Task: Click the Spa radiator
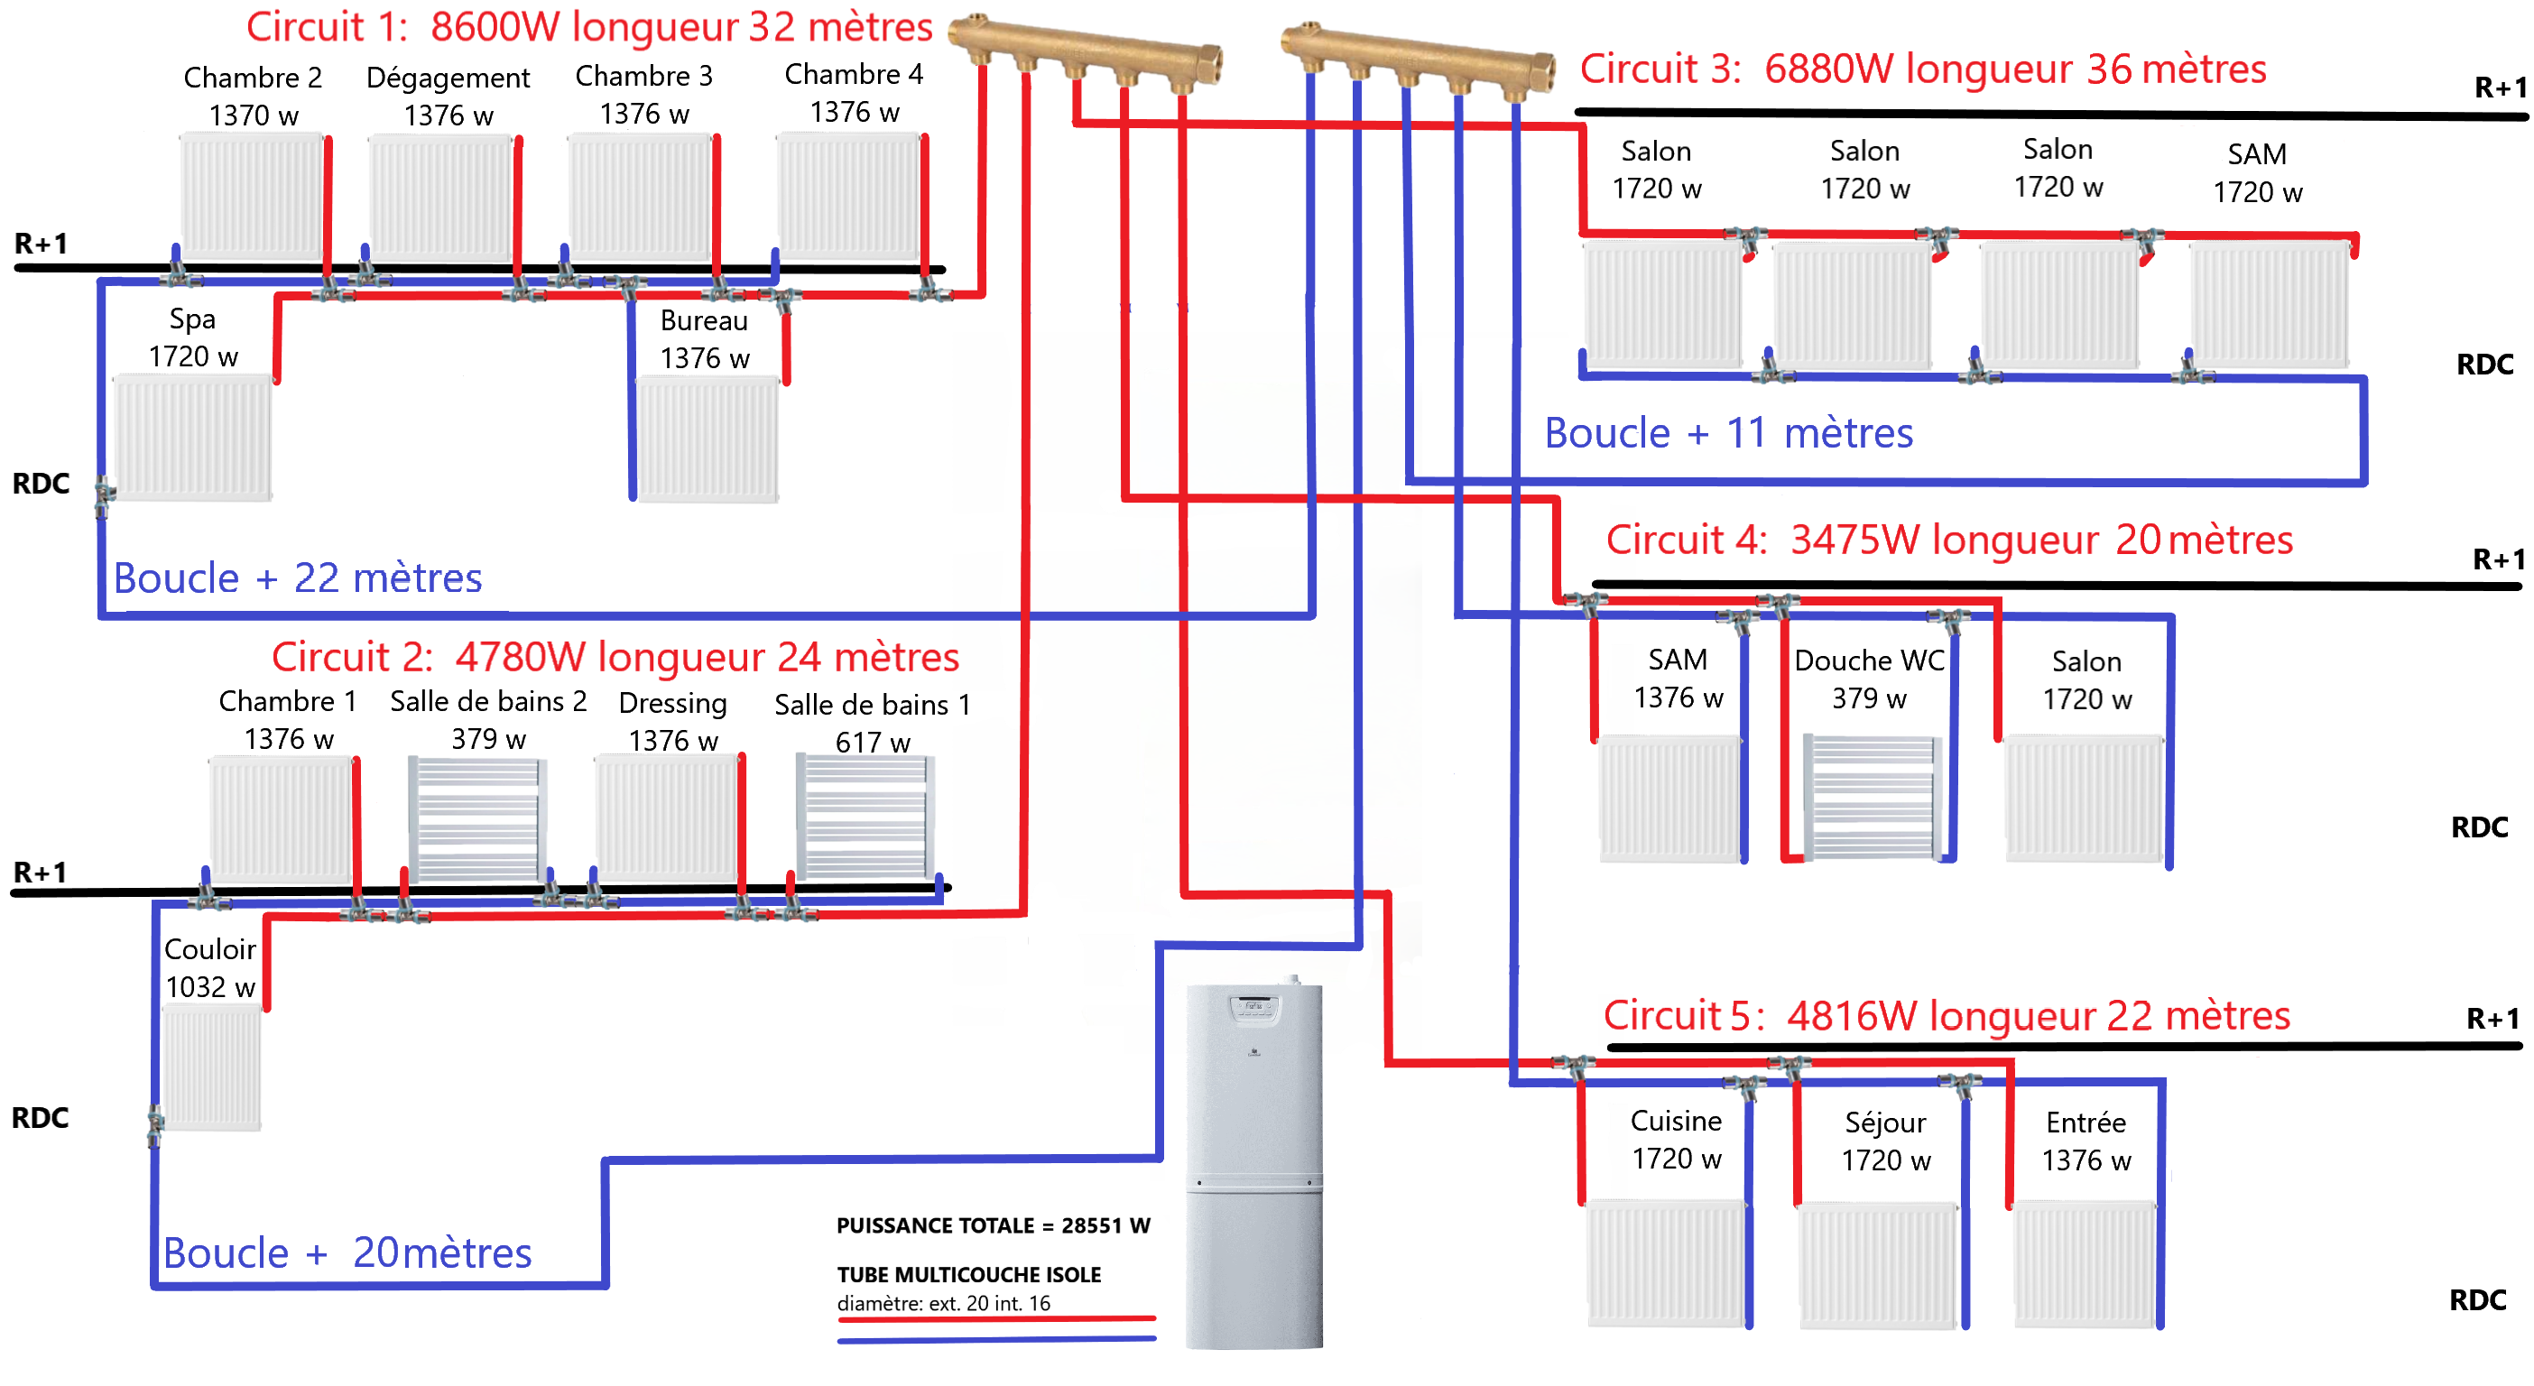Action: coord(193,437)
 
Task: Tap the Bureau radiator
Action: coord(707,439)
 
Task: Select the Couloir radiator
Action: coord(211,1067)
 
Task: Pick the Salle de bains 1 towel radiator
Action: coord(865,817)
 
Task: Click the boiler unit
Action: coord(1253,1166)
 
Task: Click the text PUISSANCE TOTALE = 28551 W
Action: coord(993,1225)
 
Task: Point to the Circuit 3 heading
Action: coord(1922,69)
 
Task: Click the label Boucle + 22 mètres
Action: coord(297,578)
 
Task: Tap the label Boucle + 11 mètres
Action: coord(1727,433)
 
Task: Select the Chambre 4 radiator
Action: coord(848,197)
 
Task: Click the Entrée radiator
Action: coord(2085,1264)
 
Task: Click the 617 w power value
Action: coord(872,743)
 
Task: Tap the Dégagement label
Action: coord(448,78)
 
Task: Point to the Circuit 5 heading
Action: coord(1946,1016)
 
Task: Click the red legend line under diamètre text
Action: coord(995,1318)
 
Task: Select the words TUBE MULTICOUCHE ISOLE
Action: coord(968,1275)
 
